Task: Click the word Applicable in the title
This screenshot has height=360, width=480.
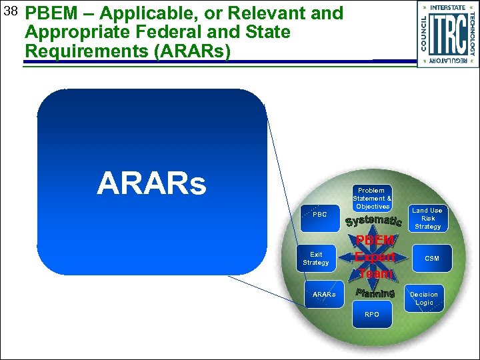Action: [x=133, y=13]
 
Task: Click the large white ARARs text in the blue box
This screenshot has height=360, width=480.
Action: [x=151, y=183]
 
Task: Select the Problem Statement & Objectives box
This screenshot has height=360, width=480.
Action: [x=372, y=198]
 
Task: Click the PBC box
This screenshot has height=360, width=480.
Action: [x=319, y=215]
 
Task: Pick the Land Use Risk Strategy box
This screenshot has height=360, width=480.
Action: [x=427, y=218]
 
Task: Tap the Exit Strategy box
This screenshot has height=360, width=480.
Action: [x=316, y=259]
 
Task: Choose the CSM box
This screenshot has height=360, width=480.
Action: [x=431, y=258]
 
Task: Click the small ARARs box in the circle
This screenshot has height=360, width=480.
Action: [x=324, y=294]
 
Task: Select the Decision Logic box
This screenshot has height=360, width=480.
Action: [x=424, y=298]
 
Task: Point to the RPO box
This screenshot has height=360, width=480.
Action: [x=372, y=314]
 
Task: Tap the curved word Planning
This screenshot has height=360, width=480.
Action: [x=375, y=293]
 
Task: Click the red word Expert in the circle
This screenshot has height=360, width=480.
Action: [x=375, y=257]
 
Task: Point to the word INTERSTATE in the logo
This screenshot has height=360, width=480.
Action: [x=447, y=7]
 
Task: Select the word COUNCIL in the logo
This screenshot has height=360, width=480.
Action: [x=424, y=33]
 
